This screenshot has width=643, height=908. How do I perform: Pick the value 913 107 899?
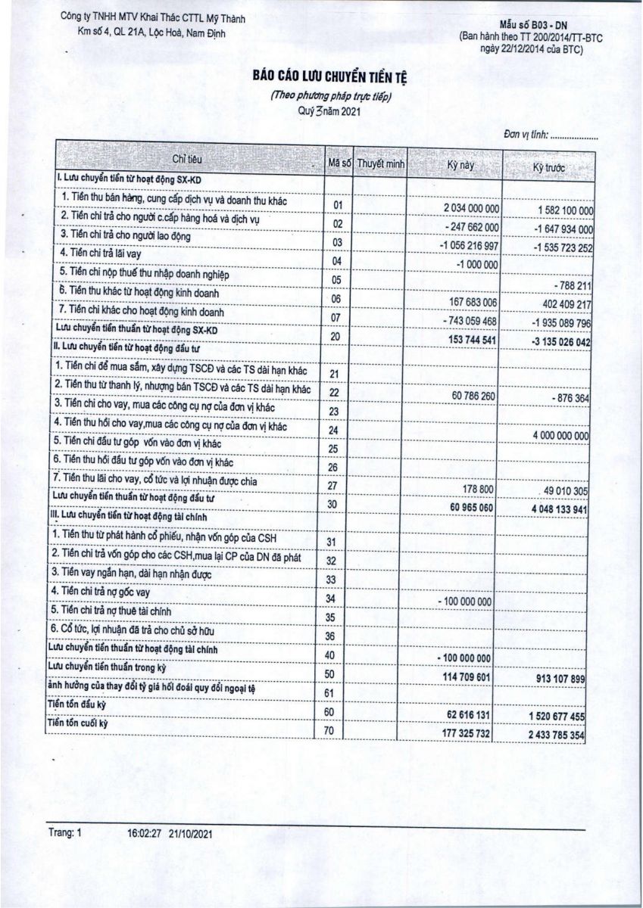[559, 679]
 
